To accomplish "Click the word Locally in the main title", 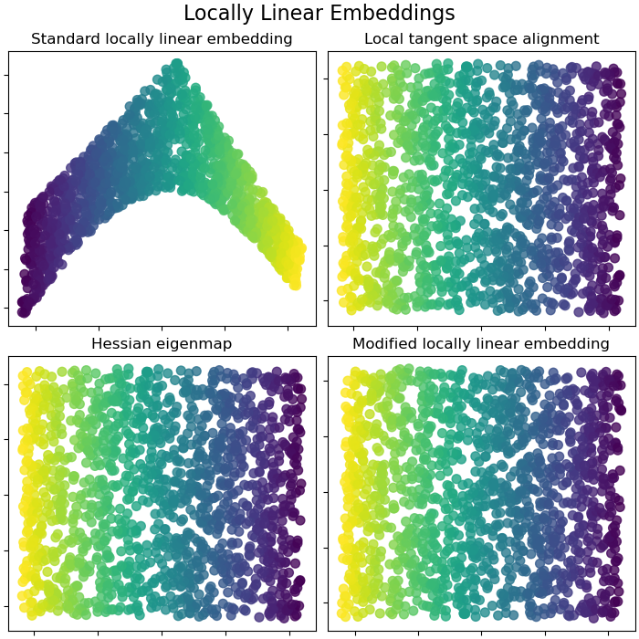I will click(x=215, y=14).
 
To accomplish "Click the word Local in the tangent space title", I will click(x=383, y=39).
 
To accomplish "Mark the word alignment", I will click(x=560, y=39).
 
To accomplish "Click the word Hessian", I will click(x=120, y=344).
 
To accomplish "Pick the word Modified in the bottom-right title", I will click(x=384, y=344).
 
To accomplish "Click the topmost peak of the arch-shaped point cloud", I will click(x=175, y=65).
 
